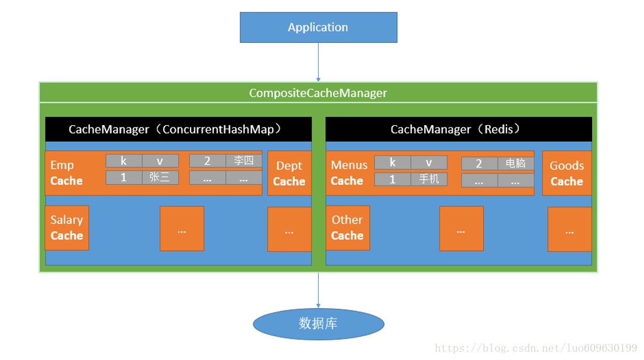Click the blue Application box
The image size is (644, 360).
click(x=318, y=27)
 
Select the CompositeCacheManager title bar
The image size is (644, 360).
click(x=318, y=93)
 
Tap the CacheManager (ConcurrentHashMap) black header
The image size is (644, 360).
click(x=178, y=129)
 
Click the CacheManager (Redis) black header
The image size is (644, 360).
click(x=458, y=129)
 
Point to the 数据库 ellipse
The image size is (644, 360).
click(x=318, y=324)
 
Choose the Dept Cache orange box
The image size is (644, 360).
click(x=289, y=173)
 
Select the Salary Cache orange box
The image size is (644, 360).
click(x=67, y=228)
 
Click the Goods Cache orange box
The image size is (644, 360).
click(x=567, y=173)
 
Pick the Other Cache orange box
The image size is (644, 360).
click(x=347, y=228)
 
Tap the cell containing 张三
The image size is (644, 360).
click(x=160, y=178)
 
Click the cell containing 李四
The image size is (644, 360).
click(x=244, y=161)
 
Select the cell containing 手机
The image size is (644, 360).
click(x=429, y=179)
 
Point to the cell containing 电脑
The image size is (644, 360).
click(x=515, y=163)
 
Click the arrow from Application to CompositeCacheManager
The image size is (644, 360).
click(x=318, y=62)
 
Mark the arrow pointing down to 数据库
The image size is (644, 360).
click(x=318, y=290)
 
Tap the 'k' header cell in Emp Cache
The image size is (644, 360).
click(x=124, y=161)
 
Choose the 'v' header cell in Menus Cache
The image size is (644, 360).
click(x=429, y=163)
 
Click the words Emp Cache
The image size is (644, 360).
click(x=66, y=173)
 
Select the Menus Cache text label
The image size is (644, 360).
click(x=349, y=173)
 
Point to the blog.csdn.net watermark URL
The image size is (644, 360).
click(x=536, y=348)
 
